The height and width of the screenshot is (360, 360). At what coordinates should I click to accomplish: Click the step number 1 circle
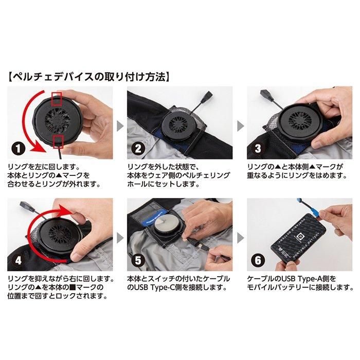coord(19,148)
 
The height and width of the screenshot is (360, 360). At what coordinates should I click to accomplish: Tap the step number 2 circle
coord(138,148)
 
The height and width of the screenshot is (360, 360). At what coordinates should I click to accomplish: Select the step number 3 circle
coord(258,148)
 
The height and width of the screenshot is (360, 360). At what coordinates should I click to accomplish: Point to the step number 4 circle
coord(19,260)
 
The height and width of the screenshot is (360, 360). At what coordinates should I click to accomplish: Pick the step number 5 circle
coord(138,260)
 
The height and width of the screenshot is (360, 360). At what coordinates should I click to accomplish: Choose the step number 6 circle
coord(258,260)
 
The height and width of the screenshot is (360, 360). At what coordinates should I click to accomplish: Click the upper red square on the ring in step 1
coord(57,99)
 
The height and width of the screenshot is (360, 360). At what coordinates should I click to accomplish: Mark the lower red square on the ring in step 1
coord(58,141)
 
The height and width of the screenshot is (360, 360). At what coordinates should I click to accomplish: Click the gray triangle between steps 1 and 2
coord(120,126)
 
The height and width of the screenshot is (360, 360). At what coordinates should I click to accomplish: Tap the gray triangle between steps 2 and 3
coord(240,126)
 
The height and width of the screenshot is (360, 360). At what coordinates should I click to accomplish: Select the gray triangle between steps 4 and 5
coord(120,238)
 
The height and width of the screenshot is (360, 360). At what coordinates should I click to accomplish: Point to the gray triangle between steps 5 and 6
coord(240,238)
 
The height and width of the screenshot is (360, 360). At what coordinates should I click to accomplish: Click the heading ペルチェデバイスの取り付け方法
coord(88,77)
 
